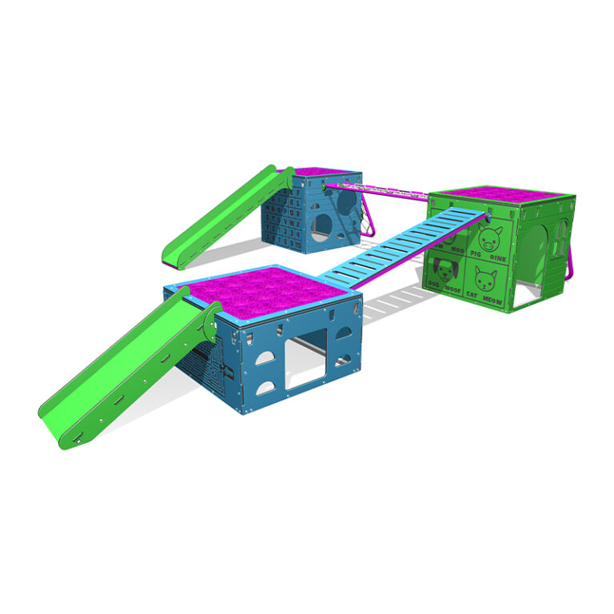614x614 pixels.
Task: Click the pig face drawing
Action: (488, 237)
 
